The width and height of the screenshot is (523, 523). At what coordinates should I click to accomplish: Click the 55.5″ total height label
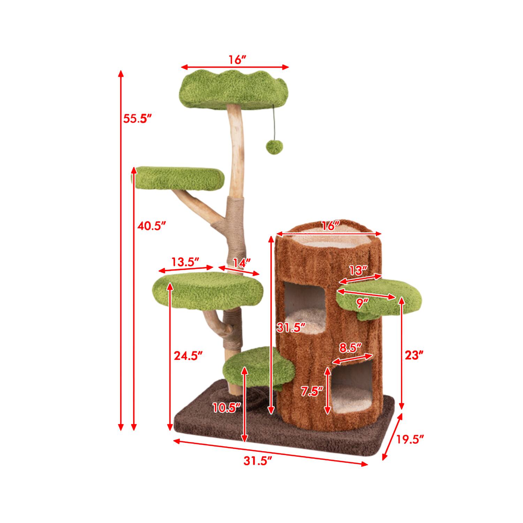coord(137,119)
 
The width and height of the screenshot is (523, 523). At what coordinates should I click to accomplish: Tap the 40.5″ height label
coord(151,226)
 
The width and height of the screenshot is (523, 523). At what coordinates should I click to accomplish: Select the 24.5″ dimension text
coord(188,356)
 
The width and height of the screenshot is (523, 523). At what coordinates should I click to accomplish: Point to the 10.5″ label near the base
coord(227,407)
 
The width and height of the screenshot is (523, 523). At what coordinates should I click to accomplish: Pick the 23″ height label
coord(414,355)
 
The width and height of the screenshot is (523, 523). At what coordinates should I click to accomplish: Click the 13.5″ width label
coord(185,261)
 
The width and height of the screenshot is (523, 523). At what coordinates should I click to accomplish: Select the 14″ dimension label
coord(242,263)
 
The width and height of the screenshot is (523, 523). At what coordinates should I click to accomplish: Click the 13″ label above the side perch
coord(358,271)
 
